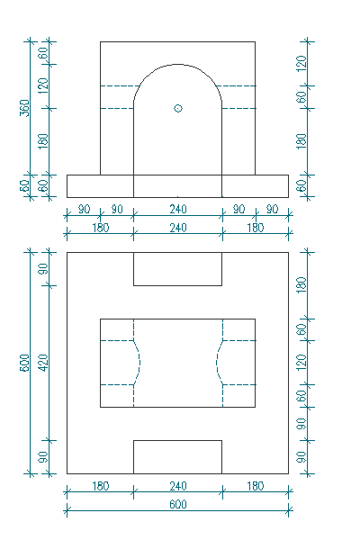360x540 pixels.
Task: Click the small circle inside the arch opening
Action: click(178, 109)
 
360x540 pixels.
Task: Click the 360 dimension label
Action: click(25, 108)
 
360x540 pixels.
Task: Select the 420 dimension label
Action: click(43, 363)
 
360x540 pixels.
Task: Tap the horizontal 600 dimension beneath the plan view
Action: click(178, 505)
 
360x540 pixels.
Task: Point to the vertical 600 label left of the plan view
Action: click(25, 363)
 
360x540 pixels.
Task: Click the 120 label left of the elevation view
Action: click(43, 86)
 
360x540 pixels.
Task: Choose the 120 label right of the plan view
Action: click(301, 363)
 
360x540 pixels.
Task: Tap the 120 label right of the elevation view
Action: click(301, 64)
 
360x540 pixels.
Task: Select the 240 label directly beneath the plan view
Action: click(178, 486)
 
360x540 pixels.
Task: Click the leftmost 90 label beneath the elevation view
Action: click(84, 209)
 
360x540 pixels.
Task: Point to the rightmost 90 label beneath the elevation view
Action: click(272, 209)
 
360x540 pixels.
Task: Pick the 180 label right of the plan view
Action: click(301, 284)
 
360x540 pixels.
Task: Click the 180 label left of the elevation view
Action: click(43, 141)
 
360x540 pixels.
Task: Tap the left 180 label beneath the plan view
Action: click(100, 486)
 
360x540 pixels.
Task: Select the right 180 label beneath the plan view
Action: click(256, 486)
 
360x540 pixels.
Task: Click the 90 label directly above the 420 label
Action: click(43, 269)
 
